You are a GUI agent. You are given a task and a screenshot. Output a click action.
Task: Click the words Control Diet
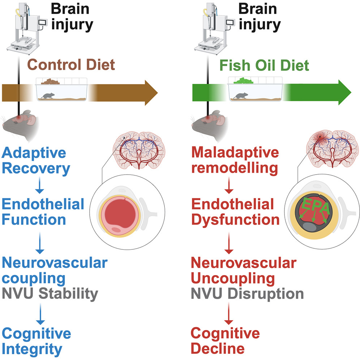[x=71, y=65]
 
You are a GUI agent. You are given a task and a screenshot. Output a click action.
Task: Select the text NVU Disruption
[x=248, y=293]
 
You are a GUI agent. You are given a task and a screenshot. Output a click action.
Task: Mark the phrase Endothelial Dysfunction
[x=235, y=212]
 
